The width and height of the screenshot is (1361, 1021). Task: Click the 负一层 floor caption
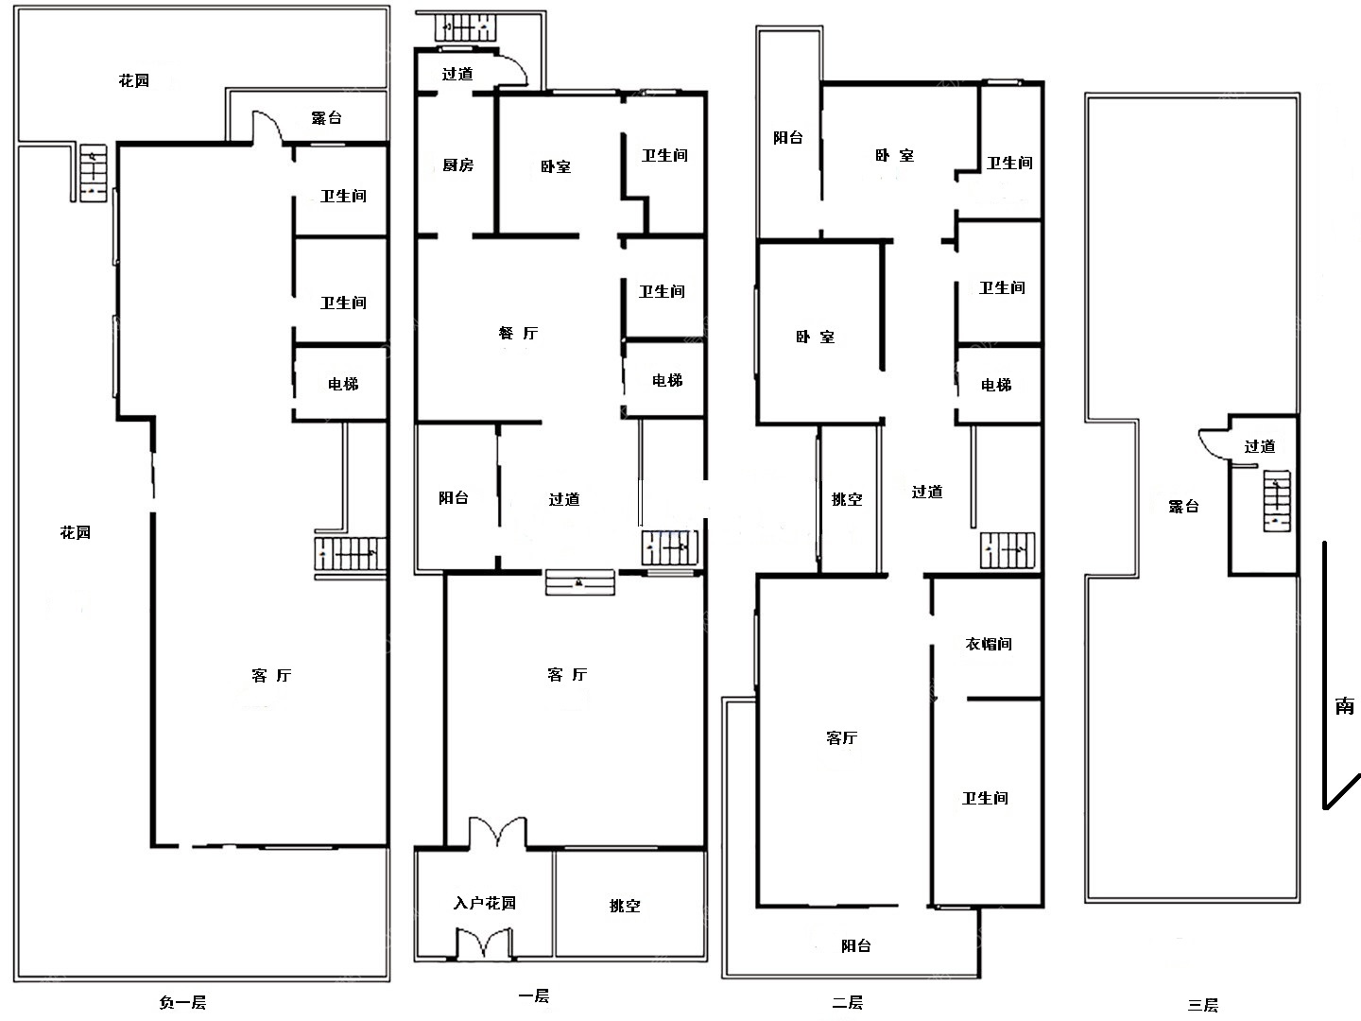pyautogui.click(x=182, y=1002)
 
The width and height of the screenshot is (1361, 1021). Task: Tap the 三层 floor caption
pyautogui.click(x=1203, y=1005)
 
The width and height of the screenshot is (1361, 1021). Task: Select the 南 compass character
pyautogui.click(x=1344, y=705)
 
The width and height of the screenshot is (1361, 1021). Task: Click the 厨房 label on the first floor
pyautogui.click(x=457, y=164)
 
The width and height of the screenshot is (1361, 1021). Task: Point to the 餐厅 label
pyautogui.click(x=518, y=333)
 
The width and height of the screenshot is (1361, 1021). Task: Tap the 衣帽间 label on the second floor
pyautogui.click(x=989, y=644)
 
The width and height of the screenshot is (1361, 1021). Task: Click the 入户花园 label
pyautogui.click(x=484, y=903)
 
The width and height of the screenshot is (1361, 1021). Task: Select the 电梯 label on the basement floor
pyautogui.click(x=343, y=384)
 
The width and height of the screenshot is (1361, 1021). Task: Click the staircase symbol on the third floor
pyautogui.click(x=1277, y=501)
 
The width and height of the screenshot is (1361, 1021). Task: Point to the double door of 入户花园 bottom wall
pyautogui.click(x=484, y=943)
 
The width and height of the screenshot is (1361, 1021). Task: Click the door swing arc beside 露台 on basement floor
pyautogui.click(x=267, y=127)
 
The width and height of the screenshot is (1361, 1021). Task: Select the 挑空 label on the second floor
pyautogui.click(x=846, y=499)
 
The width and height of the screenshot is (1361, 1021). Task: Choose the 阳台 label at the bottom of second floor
pyautogui.click(x=855, y=945)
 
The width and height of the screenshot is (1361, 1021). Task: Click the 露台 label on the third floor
pyautogui.click(x=1183, y=507)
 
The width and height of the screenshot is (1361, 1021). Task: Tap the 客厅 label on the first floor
pyautogui.click(x=567, y=674)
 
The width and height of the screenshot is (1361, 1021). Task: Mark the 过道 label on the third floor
pyautogui.click(x=1259, y=446)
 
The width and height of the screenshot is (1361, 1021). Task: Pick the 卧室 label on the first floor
pyautogui.click(x=555, y=166)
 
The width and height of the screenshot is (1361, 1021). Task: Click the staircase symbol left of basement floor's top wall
pyautogui.click(x=93, y=173)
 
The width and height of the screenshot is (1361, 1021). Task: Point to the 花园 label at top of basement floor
pyautogui.click(x=133, y=80)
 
